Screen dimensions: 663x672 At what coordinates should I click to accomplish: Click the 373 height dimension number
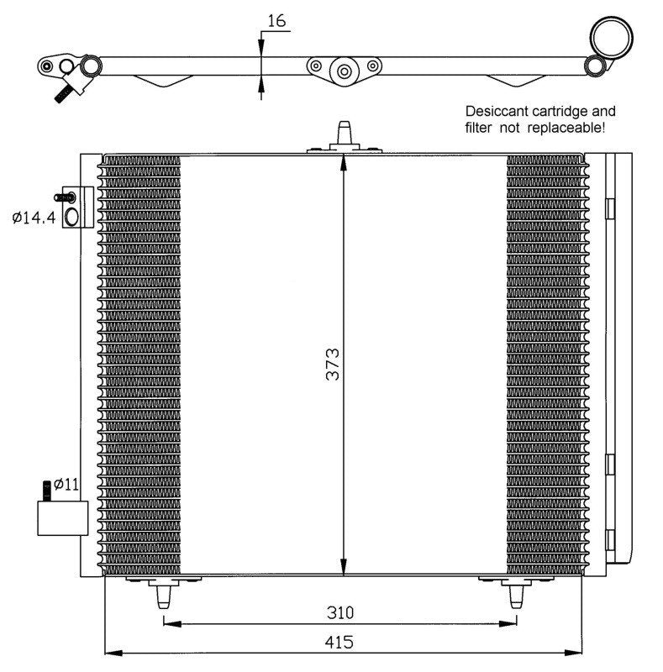click(x=333, y=365)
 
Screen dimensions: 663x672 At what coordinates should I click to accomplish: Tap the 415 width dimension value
click(x=339, y=642)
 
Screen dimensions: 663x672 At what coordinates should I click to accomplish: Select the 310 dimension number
click(x=340, y=612)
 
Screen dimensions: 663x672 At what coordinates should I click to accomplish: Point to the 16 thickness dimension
click(x=276, y=20)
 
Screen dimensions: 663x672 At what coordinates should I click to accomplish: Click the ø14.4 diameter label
click(x=34, y=218)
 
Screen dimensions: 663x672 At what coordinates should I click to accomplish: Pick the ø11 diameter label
click(x=66, y=485)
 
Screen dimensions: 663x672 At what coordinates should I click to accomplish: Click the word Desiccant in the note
click(x=497, y=112)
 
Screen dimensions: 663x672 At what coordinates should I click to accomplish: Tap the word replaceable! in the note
click(x=566, y=128)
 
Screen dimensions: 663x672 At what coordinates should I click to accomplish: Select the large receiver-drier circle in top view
click(x=612, y=37)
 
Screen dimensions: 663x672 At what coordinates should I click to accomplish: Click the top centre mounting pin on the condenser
click(x=345, y=134)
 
